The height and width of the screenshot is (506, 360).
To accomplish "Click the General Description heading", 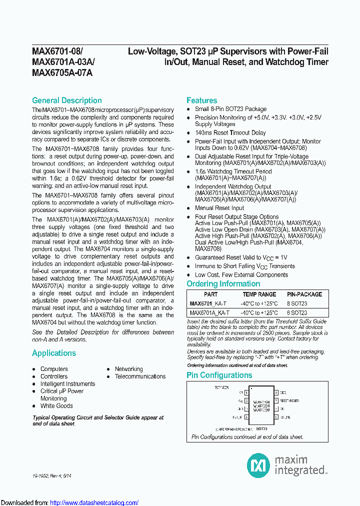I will (x=66, y=100).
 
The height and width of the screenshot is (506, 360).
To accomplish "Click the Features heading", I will (x=201, y=100).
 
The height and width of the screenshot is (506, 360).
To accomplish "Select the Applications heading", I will (x=54, y=353).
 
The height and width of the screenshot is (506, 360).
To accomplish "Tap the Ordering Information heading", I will (x=223, y=284).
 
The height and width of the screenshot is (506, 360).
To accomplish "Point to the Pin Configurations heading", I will (x=219, y=375).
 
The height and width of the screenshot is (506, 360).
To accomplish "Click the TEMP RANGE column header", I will (x=259, y=294).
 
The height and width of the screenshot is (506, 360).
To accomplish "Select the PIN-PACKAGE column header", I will (x=304, y=294).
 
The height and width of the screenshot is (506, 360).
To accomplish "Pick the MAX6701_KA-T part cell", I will (x=209, y=303).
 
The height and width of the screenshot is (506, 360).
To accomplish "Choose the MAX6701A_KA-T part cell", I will (x=210, y=312).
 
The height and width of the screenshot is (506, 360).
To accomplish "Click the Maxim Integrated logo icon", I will (x=258, y=465).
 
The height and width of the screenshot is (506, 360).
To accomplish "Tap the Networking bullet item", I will (x=128, y=369).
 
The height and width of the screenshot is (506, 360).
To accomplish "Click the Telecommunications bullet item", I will (x=140, y=376).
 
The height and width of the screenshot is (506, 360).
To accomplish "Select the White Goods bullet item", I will (x=56, y=406).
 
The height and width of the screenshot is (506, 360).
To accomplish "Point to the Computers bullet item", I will (x=54, y=369).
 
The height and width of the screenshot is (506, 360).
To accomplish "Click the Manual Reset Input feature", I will (x=219, y=208).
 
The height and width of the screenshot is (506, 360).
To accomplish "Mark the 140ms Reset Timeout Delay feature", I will (x=230, y=133).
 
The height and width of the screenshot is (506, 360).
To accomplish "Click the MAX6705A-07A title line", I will (x=62, y=72).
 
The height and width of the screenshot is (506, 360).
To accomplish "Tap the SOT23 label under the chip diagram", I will (x=261, y=429).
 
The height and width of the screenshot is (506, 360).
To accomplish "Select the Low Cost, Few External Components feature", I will (x=241, y=274).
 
